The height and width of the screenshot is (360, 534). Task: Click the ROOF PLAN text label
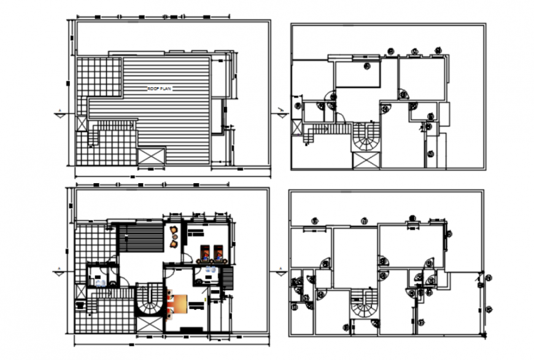click(x=160, y=89)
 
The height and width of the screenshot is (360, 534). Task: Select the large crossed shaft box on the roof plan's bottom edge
click(x=152, y=156)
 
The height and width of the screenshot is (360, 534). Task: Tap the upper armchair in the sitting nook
click(x=174, y=230)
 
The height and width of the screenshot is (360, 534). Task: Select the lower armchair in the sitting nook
click(x=174, y=243)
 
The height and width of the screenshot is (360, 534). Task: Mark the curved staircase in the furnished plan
click(x=148, y=300)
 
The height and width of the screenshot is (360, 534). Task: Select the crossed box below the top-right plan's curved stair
click(x=366, y=161)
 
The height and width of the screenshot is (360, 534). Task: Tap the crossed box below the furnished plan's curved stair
click(x=148, y=325)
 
